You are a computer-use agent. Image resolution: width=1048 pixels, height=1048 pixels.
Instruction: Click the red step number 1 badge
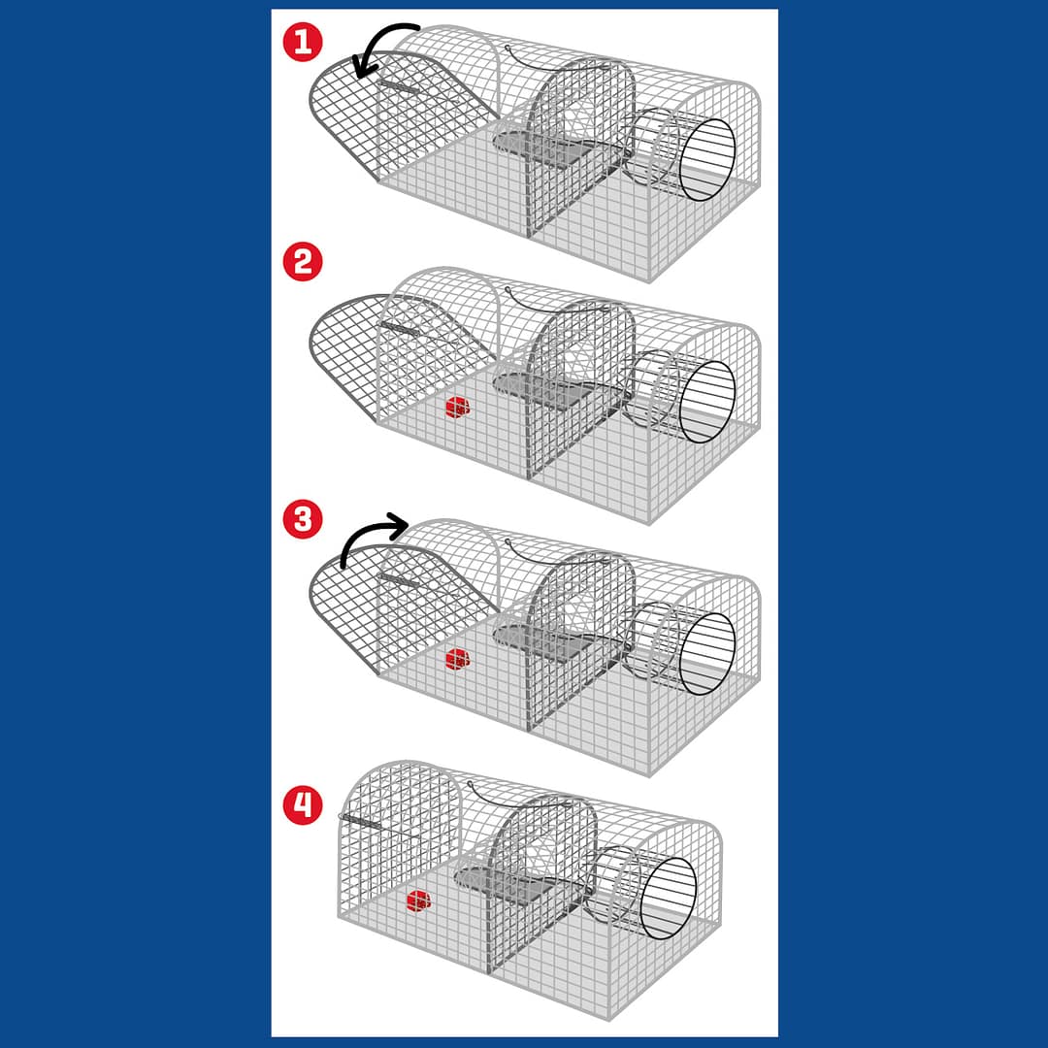pos(303,42)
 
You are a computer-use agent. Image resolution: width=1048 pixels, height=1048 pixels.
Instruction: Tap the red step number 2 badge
pos(303,261)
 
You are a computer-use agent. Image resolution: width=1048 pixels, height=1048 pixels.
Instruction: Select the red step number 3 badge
pos(303,519)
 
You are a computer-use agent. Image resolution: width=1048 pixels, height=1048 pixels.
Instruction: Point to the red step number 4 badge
pos(303,804)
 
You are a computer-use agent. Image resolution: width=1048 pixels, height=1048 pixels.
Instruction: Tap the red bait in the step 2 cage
pos(458,407)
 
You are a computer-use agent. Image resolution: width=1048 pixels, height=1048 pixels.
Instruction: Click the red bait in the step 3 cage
pos(458,659)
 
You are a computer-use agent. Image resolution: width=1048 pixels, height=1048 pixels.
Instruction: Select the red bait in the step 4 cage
pos(419,901)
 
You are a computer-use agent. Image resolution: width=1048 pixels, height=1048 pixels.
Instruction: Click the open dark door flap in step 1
pos(375,114)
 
